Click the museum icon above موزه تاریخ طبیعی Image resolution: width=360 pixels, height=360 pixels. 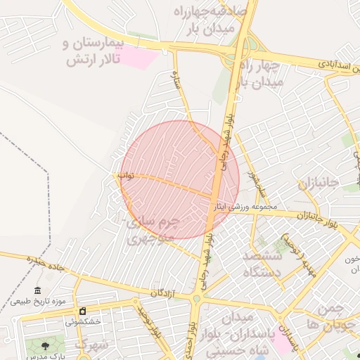38,291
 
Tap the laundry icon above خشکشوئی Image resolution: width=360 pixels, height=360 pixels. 83,311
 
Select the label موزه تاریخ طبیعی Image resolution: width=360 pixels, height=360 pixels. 38,302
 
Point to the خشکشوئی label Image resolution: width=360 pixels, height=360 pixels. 84,321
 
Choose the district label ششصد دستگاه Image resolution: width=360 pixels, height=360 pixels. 262,264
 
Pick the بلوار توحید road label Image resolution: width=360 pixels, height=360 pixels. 149,323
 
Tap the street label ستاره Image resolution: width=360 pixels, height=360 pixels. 179,83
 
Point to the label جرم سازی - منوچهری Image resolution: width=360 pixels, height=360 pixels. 153,229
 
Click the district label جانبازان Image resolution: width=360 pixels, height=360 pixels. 318,184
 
